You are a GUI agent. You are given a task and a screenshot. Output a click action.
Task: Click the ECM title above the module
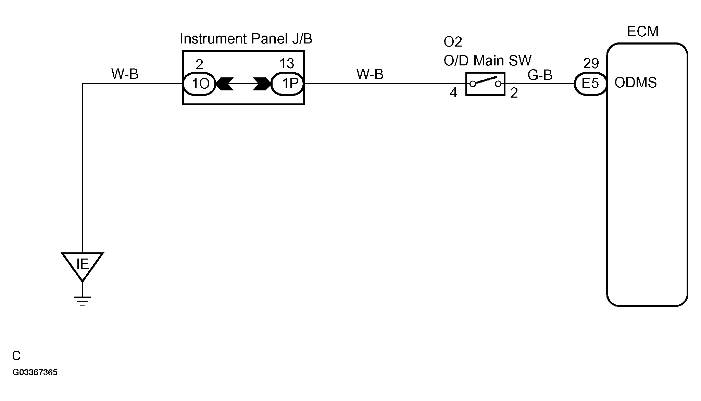642,32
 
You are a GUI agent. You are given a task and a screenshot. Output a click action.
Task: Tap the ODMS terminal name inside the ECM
636,83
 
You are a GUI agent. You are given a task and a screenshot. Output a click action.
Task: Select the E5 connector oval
590,83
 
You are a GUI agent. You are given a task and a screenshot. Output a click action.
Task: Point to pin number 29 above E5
591,63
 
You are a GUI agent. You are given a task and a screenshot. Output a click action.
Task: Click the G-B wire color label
540,75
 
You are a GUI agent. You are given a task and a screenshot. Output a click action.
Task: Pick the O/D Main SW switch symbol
485,84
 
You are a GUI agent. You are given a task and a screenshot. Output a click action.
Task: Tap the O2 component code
453,42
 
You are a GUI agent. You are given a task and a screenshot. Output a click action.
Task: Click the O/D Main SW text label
487,61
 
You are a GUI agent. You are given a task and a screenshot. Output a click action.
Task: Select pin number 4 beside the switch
453,92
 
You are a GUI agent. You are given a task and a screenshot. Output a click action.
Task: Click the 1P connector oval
287,84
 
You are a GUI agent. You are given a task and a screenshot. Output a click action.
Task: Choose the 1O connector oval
200,84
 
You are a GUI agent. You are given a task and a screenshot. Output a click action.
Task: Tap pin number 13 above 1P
287,64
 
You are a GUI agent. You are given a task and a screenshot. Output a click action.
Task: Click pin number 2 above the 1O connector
199,64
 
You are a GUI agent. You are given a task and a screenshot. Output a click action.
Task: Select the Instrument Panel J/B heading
246,39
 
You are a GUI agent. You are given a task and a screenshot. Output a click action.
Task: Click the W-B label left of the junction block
125,74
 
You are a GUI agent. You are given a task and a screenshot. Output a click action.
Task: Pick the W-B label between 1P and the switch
370,74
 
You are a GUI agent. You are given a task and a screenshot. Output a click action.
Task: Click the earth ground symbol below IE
82,301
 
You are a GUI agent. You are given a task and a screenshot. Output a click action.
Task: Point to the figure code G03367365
35,372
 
